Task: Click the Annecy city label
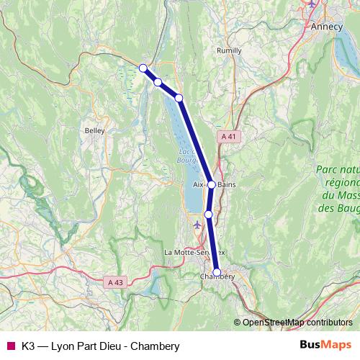(327, 26)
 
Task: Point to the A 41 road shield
(228, 136)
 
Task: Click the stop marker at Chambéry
(217, 272)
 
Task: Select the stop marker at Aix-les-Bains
(211, 185)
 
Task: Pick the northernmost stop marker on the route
(143, 68)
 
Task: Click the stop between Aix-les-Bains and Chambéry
(209, 214)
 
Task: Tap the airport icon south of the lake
(198, 225)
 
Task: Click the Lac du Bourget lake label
(186, 155)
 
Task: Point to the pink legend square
(9, 346)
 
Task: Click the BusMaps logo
(325, 346)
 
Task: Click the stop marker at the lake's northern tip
(179, 98)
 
